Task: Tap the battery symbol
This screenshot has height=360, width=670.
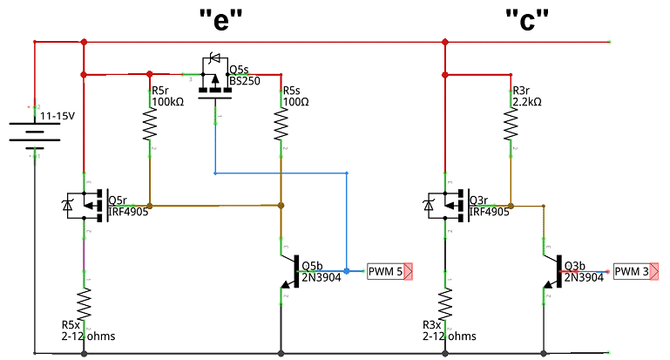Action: click(x=34, y=133)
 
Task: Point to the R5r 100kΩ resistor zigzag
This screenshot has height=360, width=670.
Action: click(x=149, y=128)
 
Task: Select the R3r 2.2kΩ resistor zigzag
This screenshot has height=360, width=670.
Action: click(x=511, y=127)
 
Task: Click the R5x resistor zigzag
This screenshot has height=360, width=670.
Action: click(x=85, y=306)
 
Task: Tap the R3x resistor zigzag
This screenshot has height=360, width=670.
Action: click(x=445, y=306)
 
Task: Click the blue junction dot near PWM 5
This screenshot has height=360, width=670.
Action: click(x=346, y=272)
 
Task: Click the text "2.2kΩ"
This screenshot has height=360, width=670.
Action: click(x=527, y=102)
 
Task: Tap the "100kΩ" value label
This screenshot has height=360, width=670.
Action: click(x=168, y=102)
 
